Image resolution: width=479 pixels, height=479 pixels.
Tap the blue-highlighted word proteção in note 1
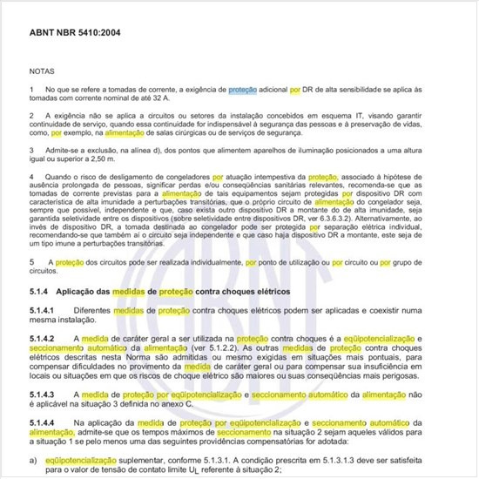pos(243,89)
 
